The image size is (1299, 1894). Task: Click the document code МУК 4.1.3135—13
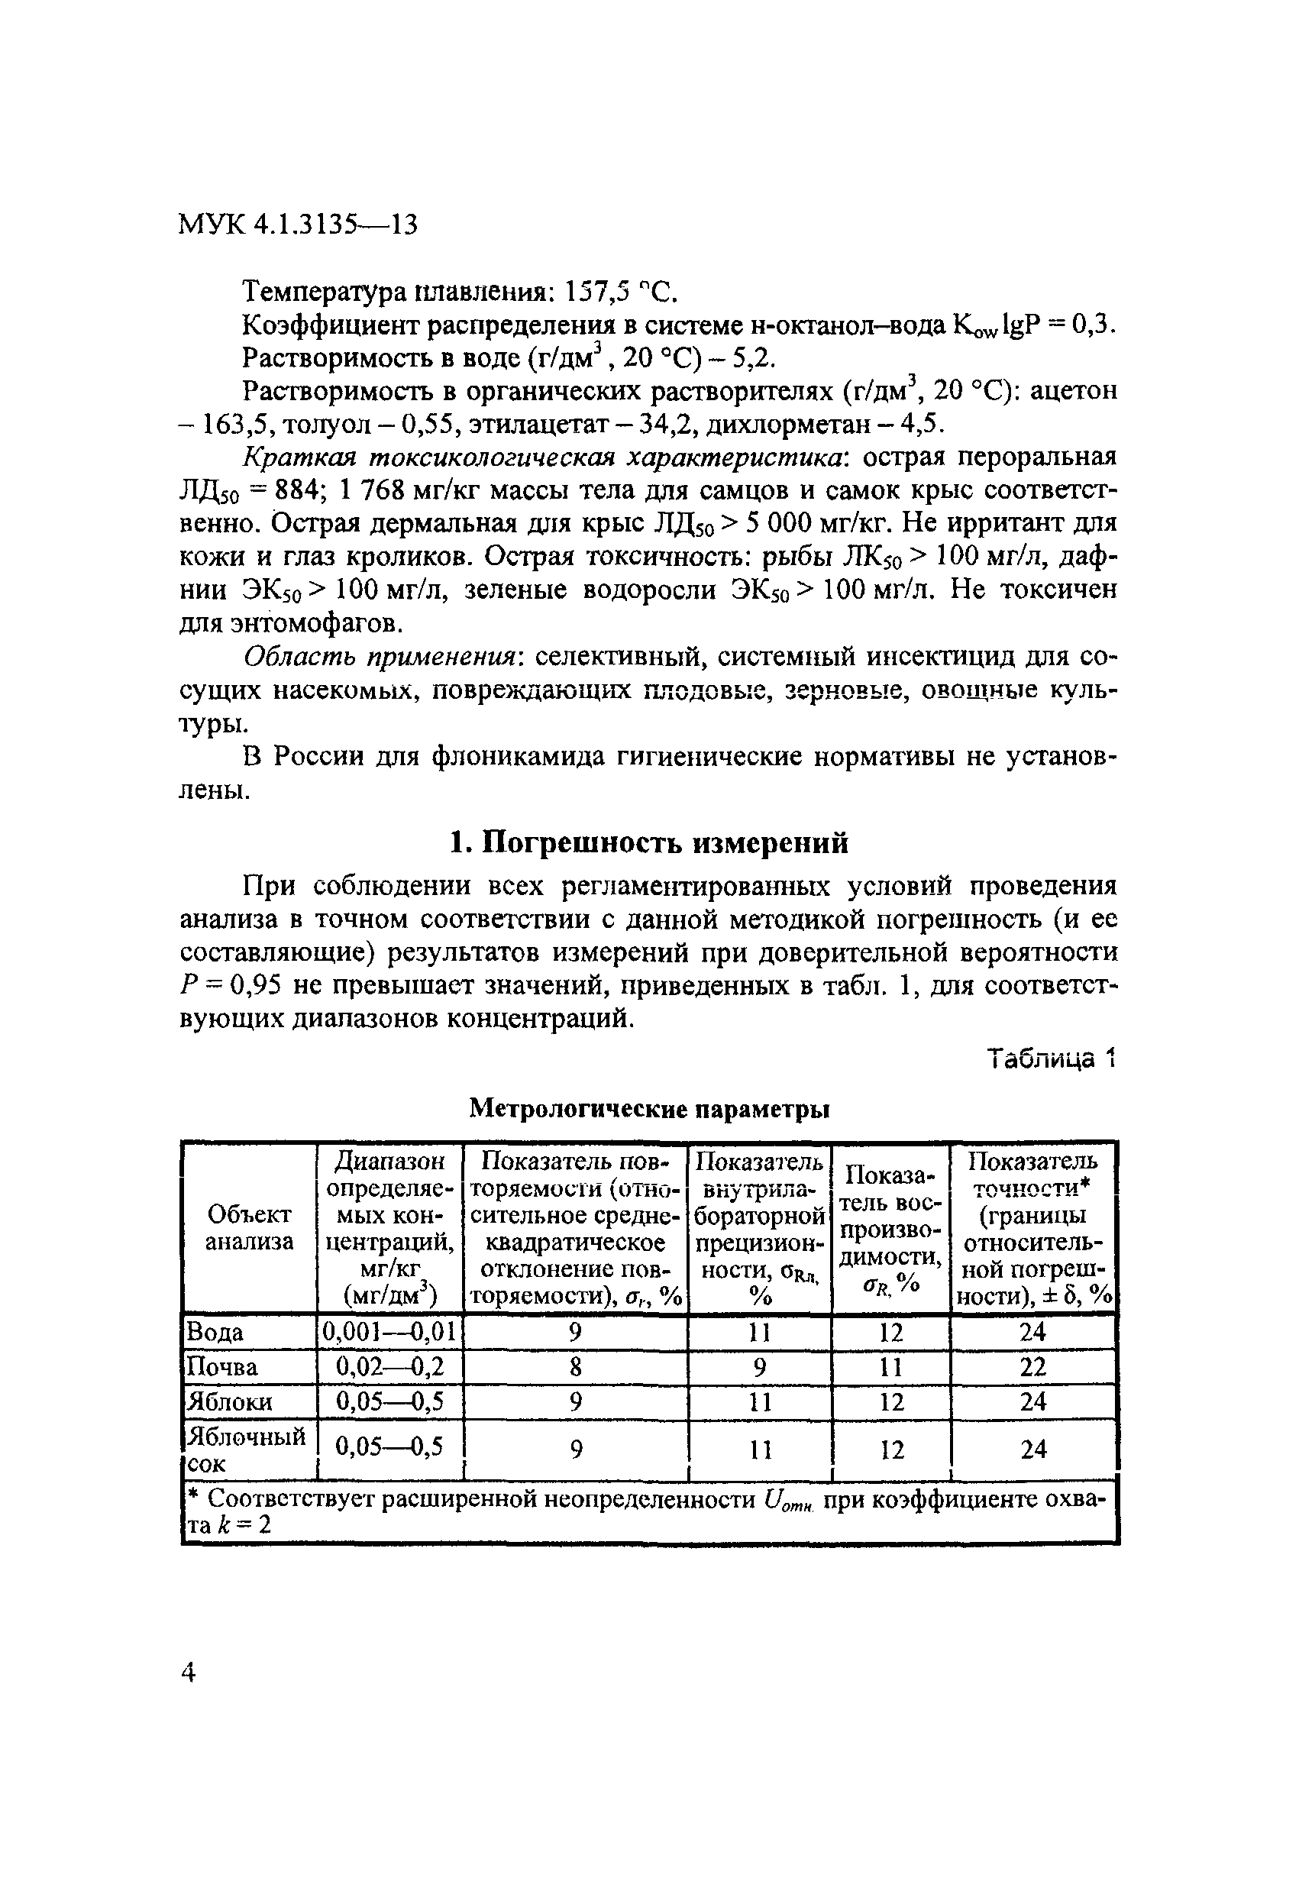coord(298,224)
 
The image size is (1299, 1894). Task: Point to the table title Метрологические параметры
coord(649,1108)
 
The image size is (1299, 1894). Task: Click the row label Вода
coord(215,1333)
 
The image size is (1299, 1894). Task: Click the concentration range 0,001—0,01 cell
coord(389,1333)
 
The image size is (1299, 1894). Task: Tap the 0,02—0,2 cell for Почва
coord(389,1367)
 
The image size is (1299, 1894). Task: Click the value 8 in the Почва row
coord(575,1367)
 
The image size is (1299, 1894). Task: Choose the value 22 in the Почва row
coord(1032,1367)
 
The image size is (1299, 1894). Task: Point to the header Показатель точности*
coord(1032,1175)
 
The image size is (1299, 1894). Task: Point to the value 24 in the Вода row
coord(1032,1333)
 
